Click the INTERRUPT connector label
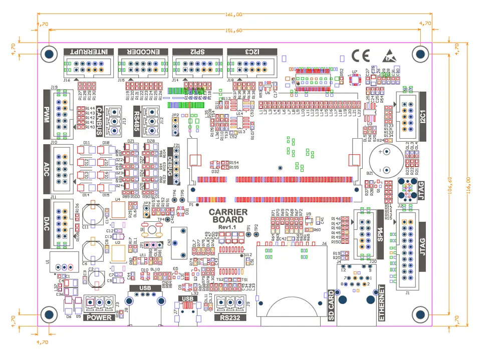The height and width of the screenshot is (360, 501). click(x=89, y=52)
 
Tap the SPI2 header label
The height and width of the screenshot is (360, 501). click(x=196, y=52)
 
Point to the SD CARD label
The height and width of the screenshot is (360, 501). click(x=331, y=305)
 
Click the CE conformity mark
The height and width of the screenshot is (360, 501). click(x=361, y=56)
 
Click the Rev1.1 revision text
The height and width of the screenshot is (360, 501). click(x=227, y=228)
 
